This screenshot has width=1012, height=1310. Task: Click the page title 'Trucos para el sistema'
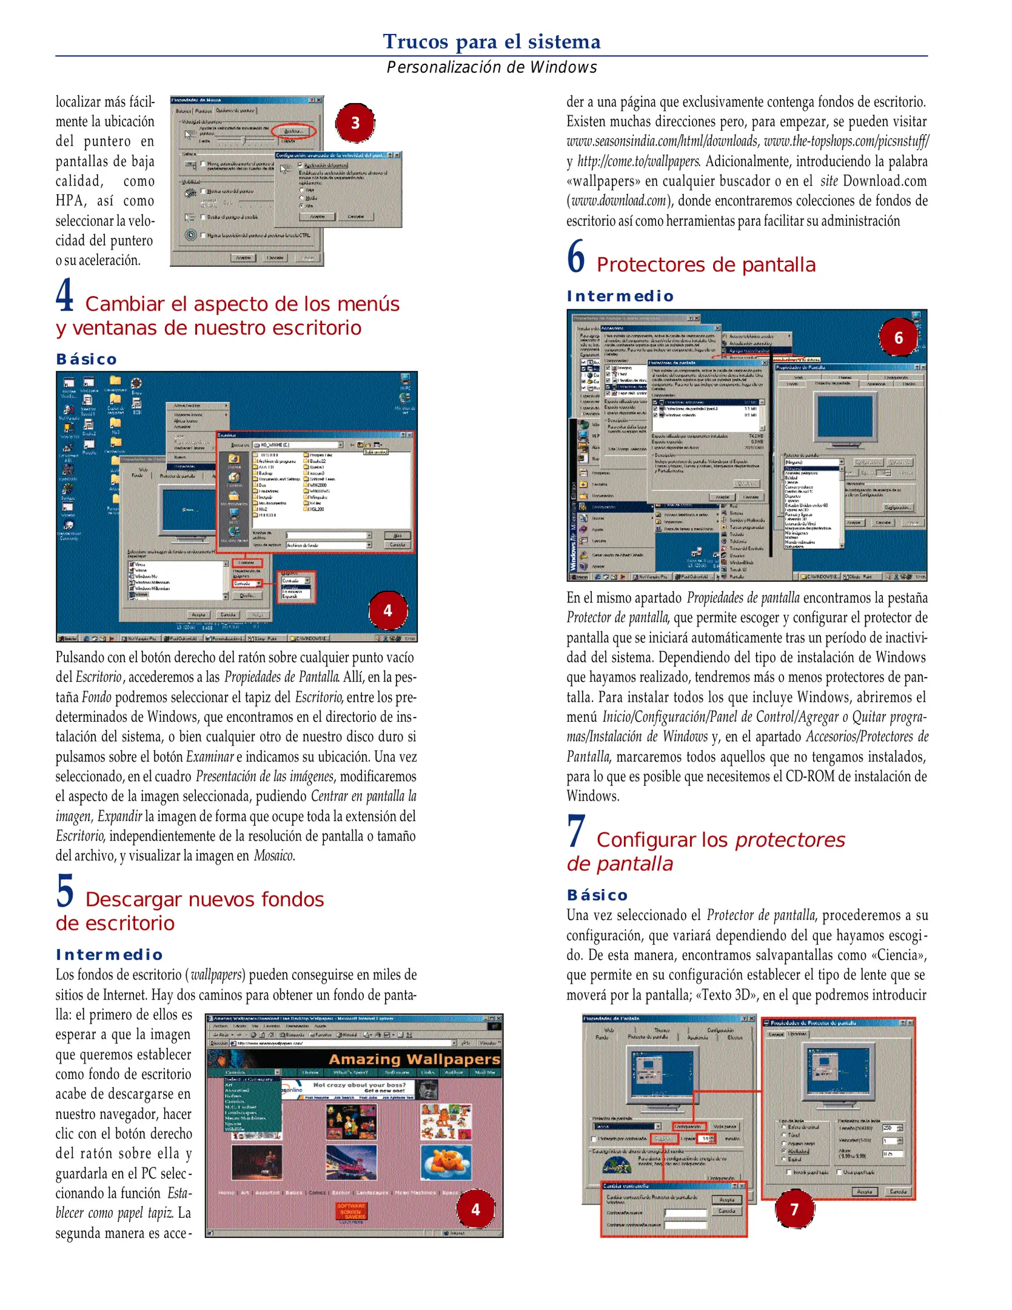click(491, 41)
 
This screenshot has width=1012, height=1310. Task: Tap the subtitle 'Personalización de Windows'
click(491, 67)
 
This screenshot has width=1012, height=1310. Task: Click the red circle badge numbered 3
click(355, 123)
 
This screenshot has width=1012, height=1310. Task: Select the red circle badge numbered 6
click(898, 338)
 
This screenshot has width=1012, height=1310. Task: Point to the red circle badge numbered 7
click(794, 1209)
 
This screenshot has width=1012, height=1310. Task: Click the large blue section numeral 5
click(65, 891)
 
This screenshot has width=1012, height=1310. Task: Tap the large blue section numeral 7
click(576, 831)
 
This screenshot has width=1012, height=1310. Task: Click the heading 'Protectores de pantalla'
click(705, 265)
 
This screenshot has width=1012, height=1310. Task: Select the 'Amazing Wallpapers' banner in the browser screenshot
click(414, 1060)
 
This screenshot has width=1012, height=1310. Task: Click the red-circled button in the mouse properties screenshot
click(293, 131)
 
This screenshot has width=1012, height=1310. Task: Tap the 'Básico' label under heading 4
click(86, 359)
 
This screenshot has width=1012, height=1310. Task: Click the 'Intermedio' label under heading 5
click(109, 955)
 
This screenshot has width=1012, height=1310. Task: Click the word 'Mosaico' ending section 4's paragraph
click(274, 856)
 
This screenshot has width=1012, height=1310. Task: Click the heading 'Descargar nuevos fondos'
click(204, 899)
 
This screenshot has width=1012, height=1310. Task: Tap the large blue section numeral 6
click(576, 257)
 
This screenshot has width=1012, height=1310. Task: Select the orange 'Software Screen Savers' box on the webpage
click(352, 1211)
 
